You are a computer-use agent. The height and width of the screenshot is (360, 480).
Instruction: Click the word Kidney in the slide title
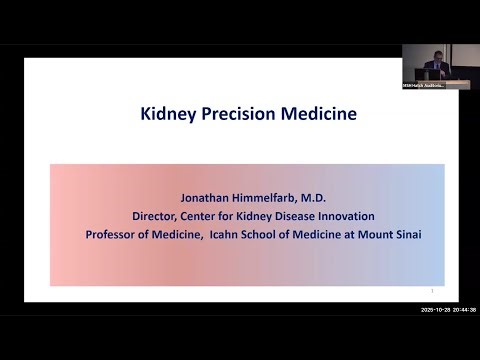pyautogui.click(x=165, y=113)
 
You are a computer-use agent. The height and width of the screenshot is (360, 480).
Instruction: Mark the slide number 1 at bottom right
pyautogui.click(x=430, y=291)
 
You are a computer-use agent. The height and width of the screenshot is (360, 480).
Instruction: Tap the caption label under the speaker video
pyautogui.click(x=425, y=85)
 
